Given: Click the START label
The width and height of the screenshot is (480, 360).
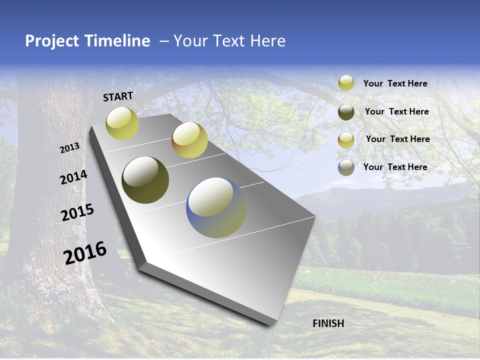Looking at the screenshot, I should [118, 96].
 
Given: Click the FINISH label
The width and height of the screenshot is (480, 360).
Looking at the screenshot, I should [328, 323].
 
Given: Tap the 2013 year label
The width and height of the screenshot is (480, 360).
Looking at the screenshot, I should [70, 148].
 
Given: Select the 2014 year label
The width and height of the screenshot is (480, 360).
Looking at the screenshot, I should [73, 177].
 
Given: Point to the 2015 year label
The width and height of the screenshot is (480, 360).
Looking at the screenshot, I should [77, 212].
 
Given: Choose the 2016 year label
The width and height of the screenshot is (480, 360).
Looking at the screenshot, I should [85, 252].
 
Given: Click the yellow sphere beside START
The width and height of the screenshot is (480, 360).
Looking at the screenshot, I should [122, 123].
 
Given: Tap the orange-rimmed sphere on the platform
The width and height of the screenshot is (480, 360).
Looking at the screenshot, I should [189, 140].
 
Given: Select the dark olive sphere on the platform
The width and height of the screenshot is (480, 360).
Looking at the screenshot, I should [145, 180].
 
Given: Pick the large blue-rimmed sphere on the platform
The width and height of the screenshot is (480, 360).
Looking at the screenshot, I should [216, 207].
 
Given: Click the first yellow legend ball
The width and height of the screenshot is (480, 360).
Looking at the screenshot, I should [346, 83].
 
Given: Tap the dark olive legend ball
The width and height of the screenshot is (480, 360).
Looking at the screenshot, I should [346, 112].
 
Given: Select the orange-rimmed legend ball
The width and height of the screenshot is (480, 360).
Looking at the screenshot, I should [346, 140].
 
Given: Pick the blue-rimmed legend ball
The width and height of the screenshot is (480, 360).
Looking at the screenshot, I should [346, 167].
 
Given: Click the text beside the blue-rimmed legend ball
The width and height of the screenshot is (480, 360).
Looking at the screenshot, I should [395, 167].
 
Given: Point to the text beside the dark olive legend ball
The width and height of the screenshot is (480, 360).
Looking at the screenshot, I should [396, 111].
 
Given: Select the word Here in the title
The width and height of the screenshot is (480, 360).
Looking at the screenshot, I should [267, 41].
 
